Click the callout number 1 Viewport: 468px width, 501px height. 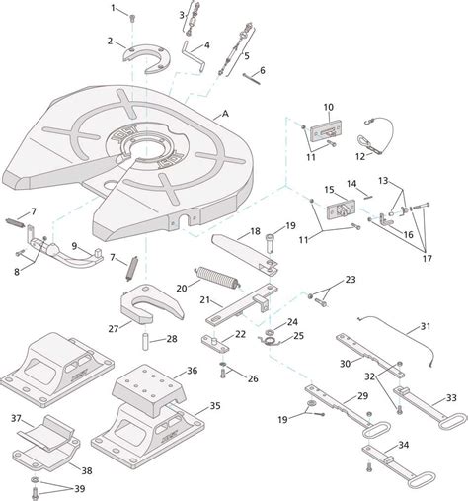coord(114,8)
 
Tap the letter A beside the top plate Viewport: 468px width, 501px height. coord(226,115)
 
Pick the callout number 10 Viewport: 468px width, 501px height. coord(329,108)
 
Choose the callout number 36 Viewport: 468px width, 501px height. coord(192,371)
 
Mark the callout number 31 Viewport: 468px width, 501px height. coord(426,326)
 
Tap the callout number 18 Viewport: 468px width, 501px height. coord(255,230)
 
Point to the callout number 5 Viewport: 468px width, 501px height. coord(246,55)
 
